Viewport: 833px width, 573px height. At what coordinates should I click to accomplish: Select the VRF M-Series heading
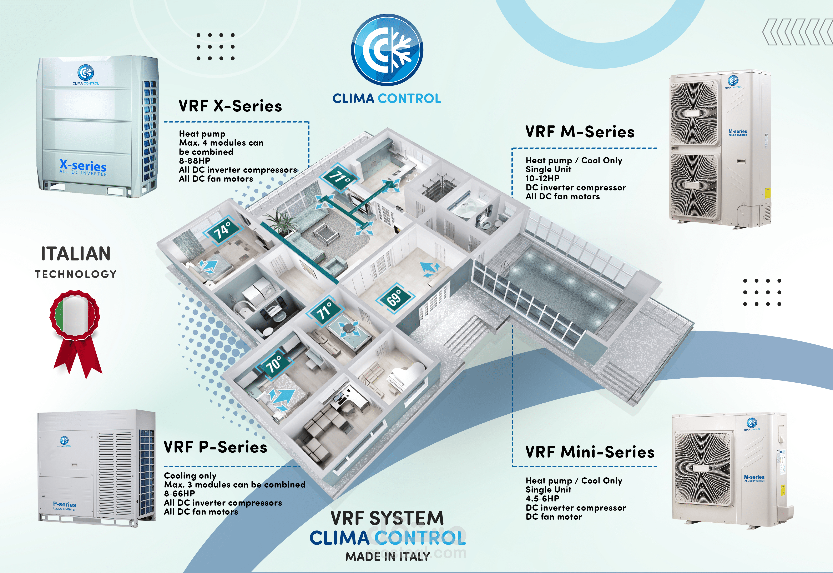click(580, 132)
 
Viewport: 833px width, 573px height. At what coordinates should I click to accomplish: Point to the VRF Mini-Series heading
click(590, 452)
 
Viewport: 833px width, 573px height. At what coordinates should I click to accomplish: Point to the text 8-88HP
click(195, 161)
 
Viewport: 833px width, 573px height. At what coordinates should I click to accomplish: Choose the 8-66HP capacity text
click(179, 494)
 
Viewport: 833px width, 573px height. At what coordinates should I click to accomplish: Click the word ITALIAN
click(76, 254)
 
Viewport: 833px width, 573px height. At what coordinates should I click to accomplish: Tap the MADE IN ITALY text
click(387, 557)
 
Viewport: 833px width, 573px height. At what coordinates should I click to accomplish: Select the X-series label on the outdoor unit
click(83, 166)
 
